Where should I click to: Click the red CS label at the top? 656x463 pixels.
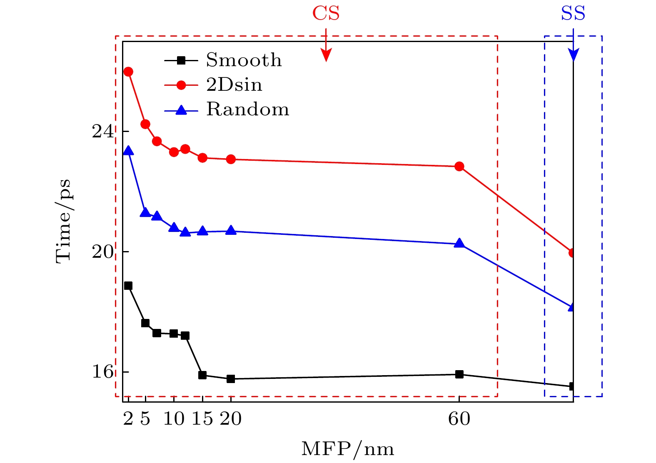326,13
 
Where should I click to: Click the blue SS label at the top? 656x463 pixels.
573,13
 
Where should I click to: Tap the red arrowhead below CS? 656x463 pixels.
326,55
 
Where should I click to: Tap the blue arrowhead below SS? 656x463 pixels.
574,55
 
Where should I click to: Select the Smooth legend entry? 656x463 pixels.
244,60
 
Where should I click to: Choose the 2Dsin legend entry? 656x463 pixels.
234,85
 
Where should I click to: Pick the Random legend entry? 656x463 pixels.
247,110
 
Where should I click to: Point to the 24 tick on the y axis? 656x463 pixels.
102,132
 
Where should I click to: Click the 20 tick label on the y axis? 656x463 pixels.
102,252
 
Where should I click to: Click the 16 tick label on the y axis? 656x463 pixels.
102,372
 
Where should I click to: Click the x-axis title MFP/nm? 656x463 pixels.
347,449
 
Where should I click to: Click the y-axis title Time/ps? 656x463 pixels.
63,221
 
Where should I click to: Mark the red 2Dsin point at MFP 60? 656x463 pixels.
459,167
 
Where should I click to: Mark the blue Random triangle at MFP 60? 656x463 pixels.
459,244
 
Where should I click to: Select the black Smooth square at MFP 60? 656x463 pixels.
459,374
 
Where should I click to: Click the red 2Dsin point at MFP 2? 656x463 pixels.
128,72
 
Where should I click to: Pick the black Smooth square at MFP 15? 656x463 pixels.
202,375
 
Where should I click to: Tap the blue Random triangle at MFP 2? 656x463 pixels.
128,151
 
